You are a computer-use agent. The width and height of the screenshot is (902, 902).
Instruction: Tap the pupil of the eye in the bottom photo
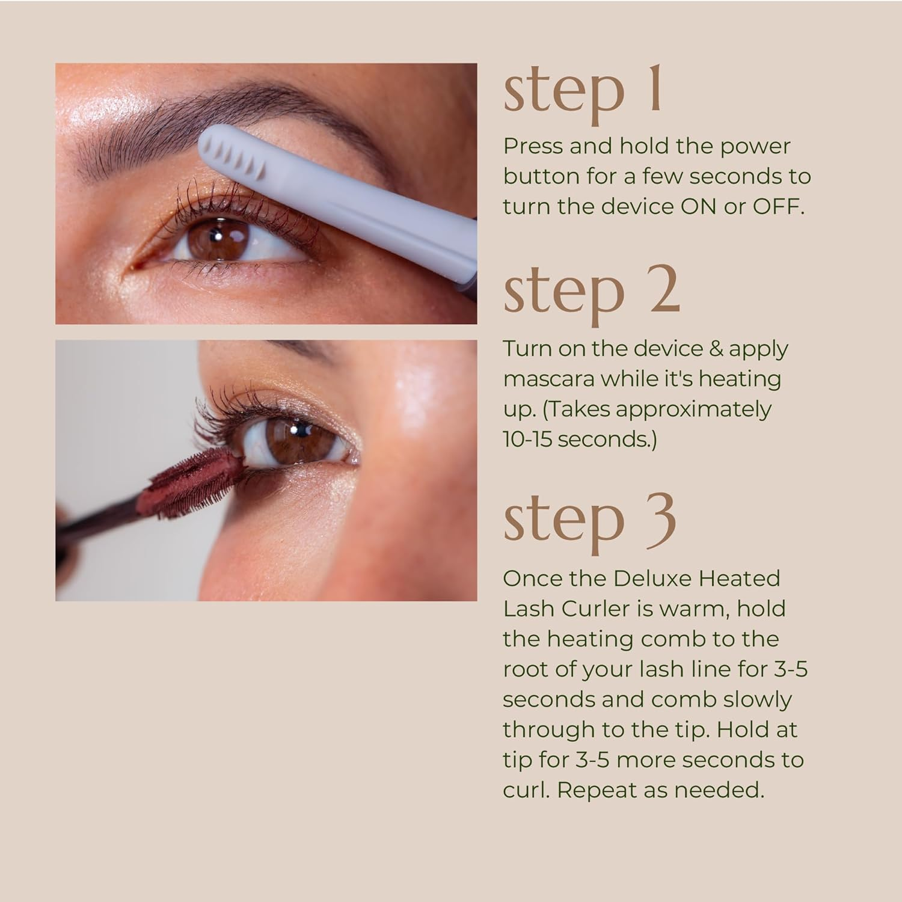click(x=296, y=429)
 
